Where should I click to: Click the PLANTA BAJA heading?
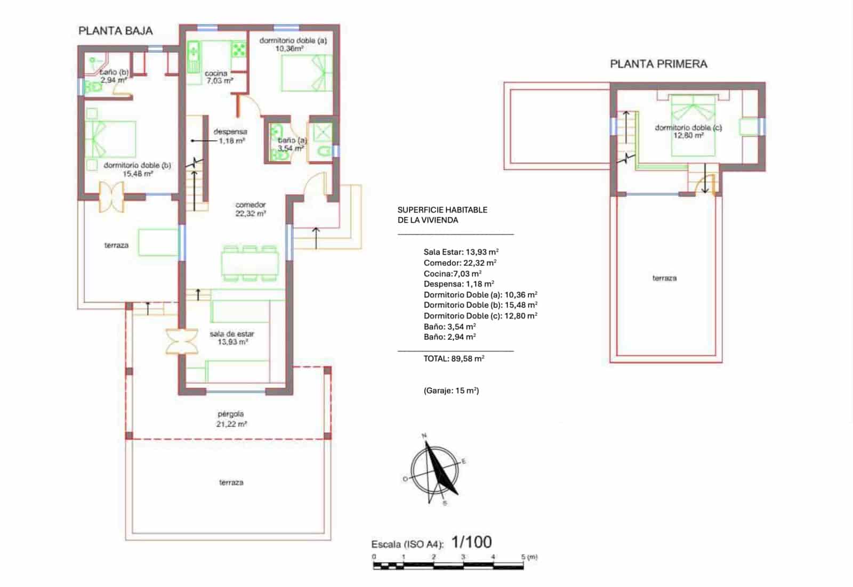pyautogui.click(x=115, y=31)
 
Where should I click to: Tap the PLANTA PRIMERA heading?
pyautogui.click(x=658, y=64)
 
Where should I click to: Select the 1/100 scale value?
pyautogui.click(x=471, y=542)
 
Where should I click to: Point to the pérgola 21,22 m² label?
pyautogui.click(x=231, y=419)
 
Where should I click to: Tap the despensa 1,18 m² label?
pyautogui.click(x=230, y=136)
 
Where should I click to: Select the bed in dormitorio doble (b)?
pyautogui.click(x=111, y=139)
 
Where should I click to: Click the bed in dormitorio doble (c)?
pyautogui.click(x=693, y=126)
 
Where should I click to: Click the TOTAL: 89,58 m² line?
pyautogui.click(x=454, y=358)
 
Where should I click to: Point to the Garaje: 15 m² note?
pyautogui.click(x=451, y=390)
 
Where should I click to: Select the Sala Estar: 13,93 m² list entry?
pyautogui.click(x=461, y=252)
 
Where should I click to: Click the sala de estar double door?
pyautogui.click(x=182, y=341)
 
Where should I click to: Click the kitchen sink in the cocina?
pyautogui.click(x=193, y=52)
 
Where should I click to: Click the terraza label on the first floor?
pyautogui.click(x=664, y=278)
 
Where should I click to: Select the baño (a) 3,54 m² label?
pyautogui.click(x=292, y=144)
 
